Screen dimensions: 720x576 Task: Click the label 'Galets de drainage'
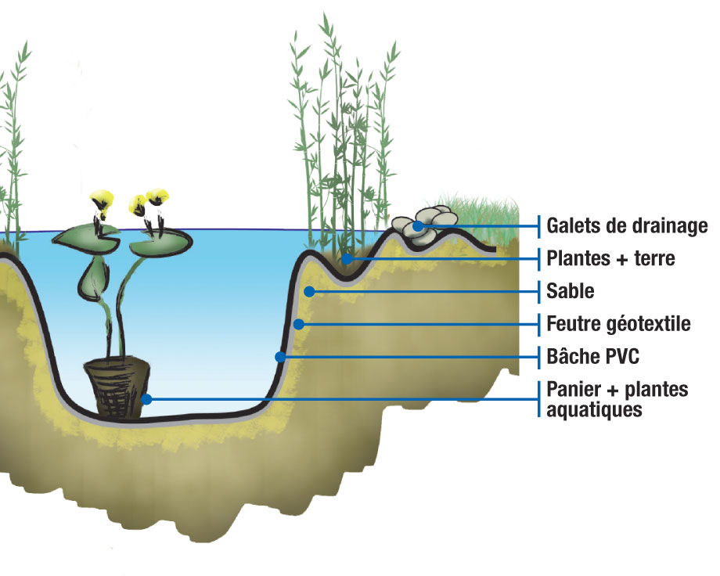pos(627,225)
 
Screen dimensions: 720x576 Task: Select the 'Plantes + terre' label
pos(610,258)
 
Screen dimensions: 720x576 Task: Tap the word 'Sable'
pos(571,291)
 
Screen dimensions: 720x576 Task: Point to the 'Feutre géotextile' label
pos(618,323)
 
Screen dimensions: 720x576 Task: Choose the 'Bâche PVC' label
pos(592,356)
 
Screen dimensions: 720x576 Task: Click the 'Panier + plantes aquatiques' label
pos(617,399)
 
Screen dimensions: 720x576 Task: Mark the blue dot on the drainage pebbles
pos(418,226)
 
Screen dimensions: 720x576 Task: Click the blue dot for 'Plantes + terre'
pos(347,258)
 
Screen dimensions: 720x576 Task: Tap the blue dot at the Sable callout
pos(309,291)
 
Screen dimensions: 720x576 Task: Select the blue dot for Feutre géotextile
pos(298,324)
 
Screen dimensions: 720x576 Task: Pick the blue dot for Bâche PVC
pos(280,357)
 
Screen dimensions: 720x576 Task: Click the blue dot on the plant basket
pos(146,399)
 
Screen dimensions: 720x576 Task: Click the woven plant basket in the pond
pos(117,387)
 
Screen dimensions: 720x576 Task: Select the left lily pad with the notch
pos(85,239)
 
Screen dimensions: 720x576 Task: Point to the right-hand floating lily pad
pos(160,242)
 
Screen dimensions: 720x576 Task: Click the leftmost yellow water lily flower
pos(102,200)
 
